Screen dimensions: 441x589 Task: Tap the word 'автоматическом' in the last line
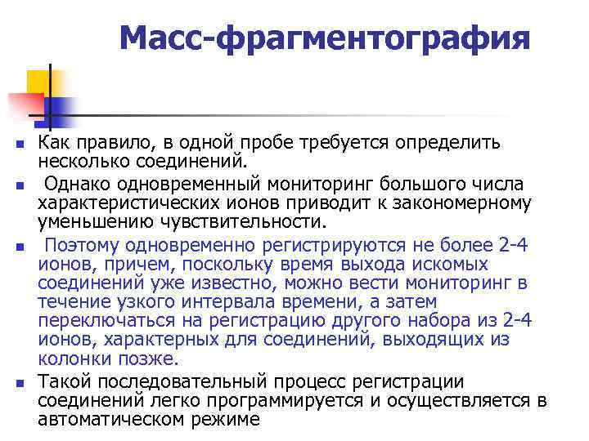103,420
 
